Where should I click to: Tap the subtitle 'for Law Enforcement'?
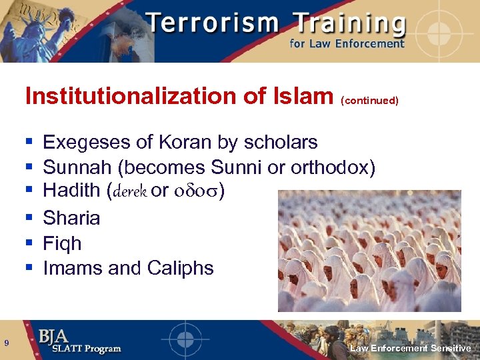[x=347, y=44]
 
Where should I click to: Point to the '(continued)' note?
[x=369, y=101]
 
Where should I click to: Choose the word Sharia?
[x=71, y=218]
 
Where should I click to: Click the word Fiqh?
[x=62, y=243]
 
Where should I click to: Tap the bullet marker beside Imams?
[x=29, y=268]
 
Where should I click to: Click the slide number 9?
[x=6, y=343]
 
